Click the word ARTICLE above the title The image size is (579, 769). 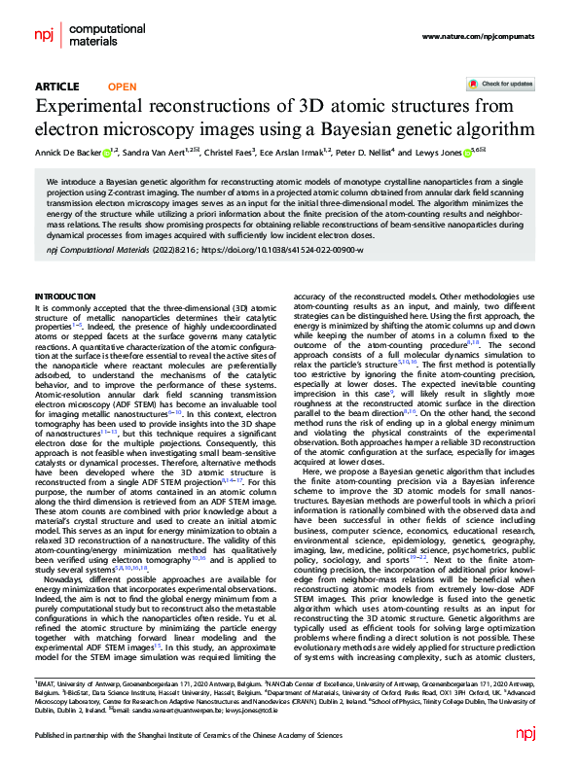(56, 87)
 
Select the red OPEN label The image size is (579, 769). (122, 87)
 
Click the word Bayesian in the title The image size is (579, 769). (378, 128)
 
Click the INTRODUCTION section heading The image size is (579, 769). (65, 295)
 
